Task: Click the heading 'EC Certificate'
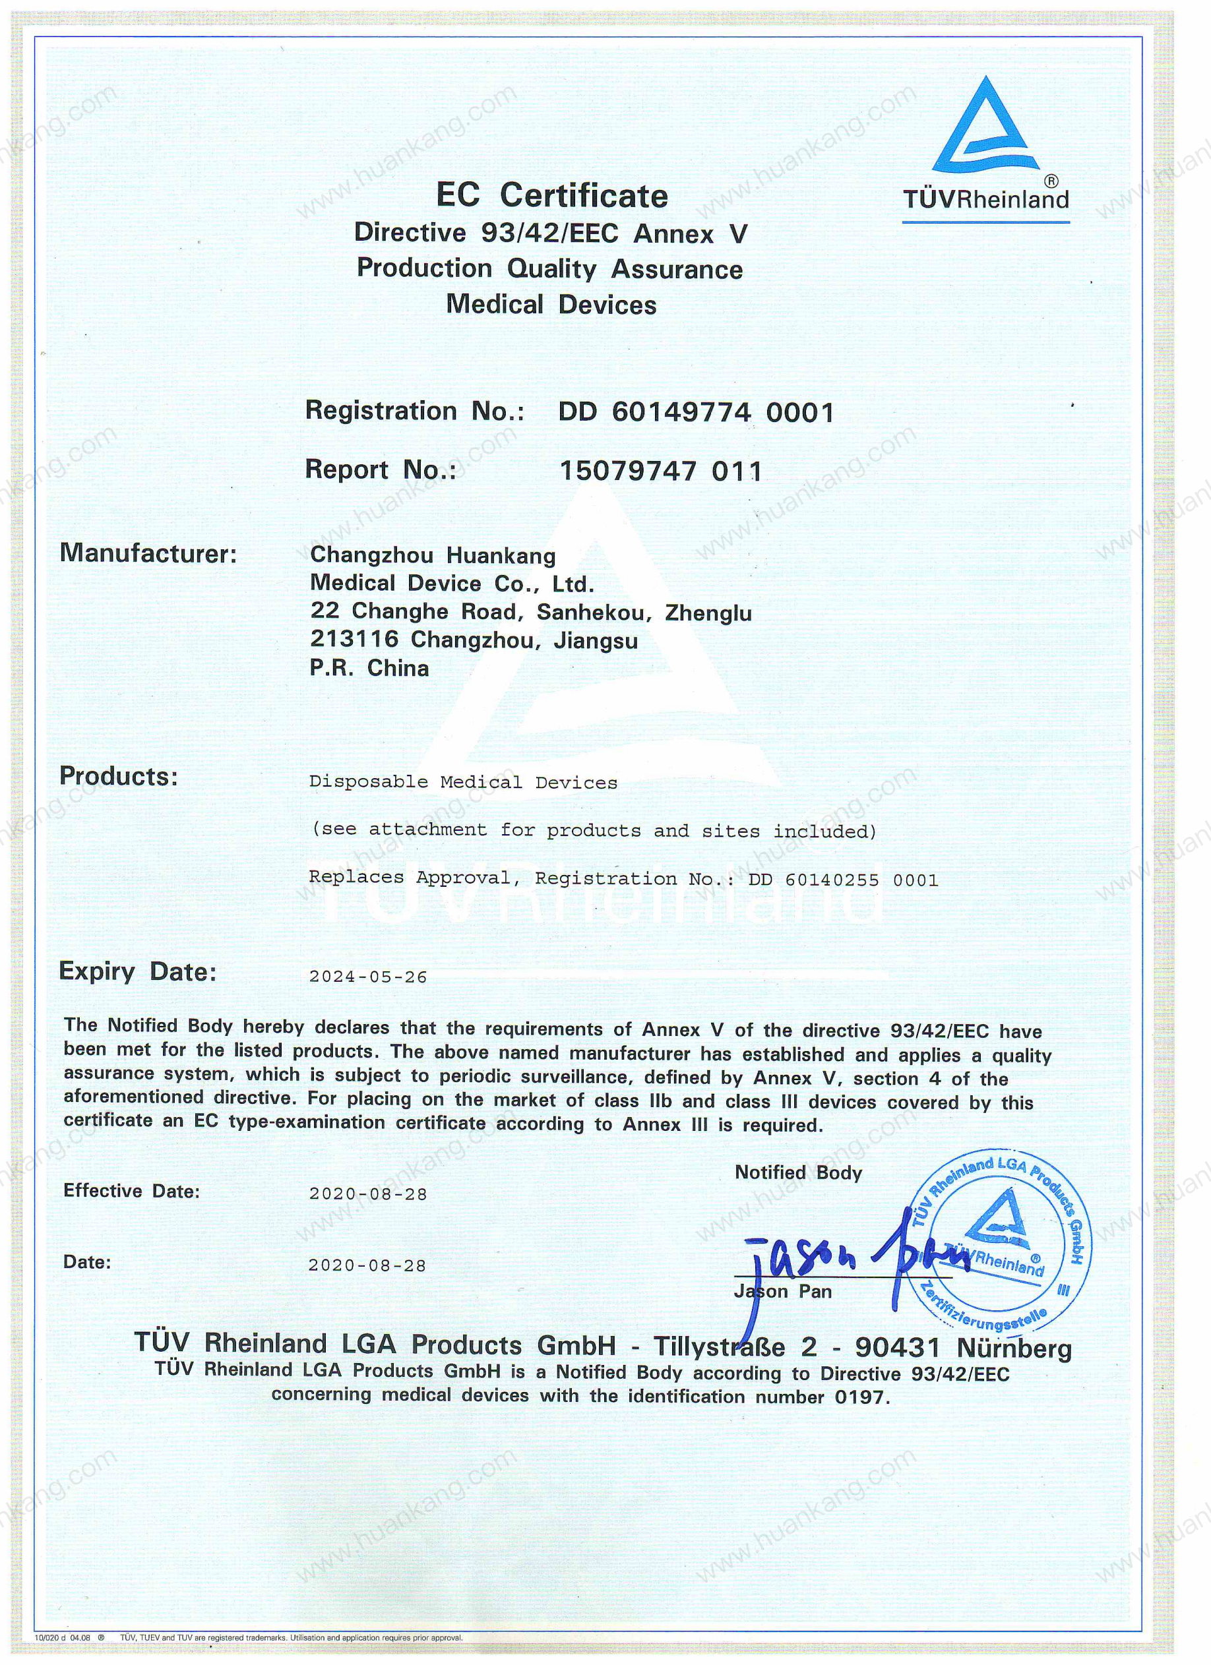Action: click(x=551, y=196)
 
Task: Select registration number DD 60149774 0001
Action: click(x=695, y=412)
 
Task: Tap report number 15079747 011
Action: click(x=661, y=471)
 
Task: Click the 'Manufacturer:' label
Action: click(x=148, y=553)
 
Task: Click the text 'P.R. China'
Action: click(x=369, y=668)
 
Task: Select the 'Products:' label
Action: click(x=119, y=776)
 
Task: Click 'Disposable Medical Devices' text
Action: click(x=462, y=783)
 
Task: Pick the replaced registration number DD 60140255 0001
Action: click(x=843, y=880)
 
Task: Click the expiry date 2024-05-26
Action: click(x=368, y=977)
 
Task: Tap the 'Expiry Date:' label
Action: click(x=138, y=972)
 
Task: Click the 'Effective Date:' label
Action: click(x=131, y=1191)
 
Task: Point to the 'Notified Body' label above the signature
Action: click(x=798, y=1172)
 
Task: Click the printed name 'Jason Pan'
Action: click(x=783, y=1291)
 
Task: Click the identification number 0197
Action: click(x=861, y=1397)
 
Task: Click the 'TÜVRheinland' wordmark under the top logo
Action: click(x=985, y=200)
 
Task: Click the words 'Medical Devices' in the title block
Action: click(x=551, y=305)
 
